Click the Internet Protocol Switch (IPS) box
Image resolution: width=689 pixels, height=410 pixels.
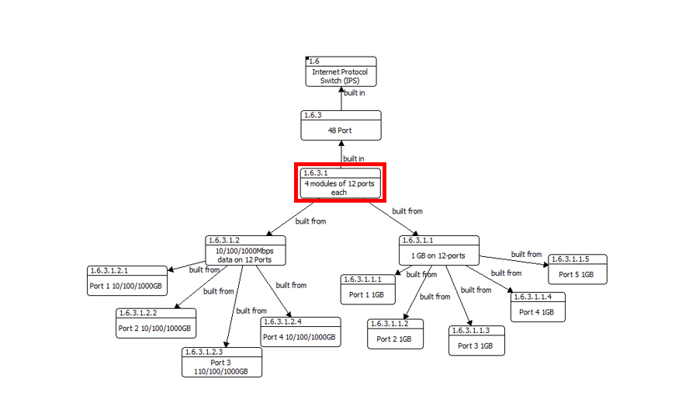[341, 71]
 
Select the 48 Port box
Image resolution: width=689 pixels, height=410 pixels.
[341, 126]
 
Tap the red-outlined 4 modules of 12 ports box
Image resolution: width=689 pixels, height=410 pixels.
[341, 183]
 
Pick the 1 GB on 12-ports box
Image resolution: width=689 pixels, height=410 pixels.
[438, 251]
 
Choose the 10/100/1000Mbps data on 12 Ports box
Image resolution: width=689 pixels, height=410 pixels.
[244, 251]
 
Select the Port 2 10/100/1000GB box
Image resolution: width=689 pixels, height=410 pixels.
[156, 324]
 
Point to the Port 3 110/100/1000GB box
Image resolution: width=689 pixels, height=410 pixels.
[221, 363]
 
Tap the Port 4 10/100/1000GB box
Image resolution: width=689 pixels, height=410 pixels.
[299, 332]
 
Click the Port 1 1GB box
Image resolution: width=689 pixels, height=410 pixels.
[368, 290]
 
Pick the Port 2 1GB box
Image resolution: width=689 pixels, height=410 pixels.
[395, 334]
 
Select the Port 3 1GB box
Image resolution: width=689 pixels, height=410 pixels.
[476, 341]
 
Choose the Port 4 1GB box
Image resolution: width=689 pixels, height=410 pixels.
[537, 307]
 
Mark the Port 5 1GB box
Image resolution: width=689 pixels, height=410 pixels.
[577, 269]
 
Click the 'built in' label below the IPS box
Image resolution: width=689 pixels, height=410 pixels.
[354, 93]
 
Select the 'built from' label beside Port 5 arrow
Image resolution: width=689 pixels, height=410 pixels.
[526, 254]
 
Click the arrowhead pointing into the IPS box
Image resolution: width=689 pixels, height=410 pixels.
[341, 90]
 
